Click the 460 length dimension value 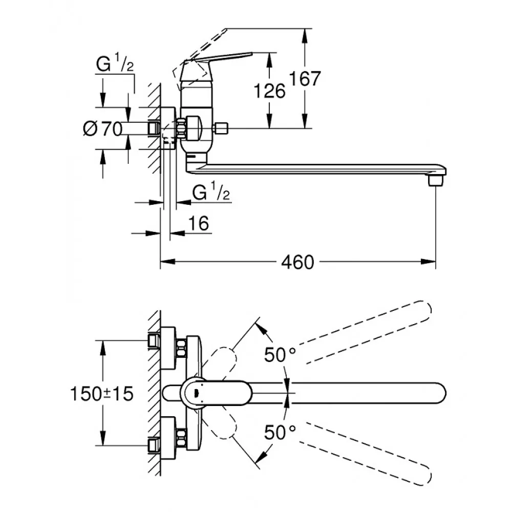pyautogui.click(x=297, y=263)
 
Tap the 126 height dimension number pyautogui.click(x=269, y=91)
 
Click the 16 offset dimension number pyautogui.click(x=199, y=224)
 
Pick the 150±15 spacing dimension pyautogui.click(x=101, y=393)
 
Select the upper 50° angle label pyautogui.click(x=280, y=355)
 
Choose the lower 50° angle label pyautogui.click(x=280, y=433)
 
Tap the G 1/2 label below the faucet pyautogui.click(x=211, y=193)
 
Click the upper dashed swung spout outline pyautogui.click(x=369, y=333)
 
